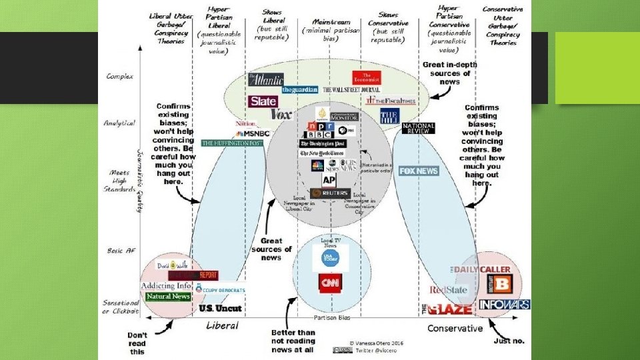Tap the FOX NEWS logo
[x=419, y=171]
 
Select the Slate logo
[x=263, y=102]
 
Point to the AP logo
[x=329, y=181]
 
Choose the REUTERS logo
[x=331, y=193]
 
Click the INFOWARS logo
[x=505, y=305]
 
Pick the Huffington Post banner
[x=232, y=143]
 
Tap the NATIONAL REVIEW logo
[x=418, y=128]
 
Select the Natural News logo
[x=168, y=296]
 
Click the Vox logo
[x=281, y=115]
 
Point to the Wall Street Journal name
[x=351, y=90]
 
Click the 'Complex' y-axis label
[x=119, y=77]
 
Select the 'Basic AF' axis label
[x=121, y=251]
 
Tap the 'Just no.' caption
[x=509, y=341]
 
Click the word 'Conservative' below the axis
[x=455, y=328]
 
